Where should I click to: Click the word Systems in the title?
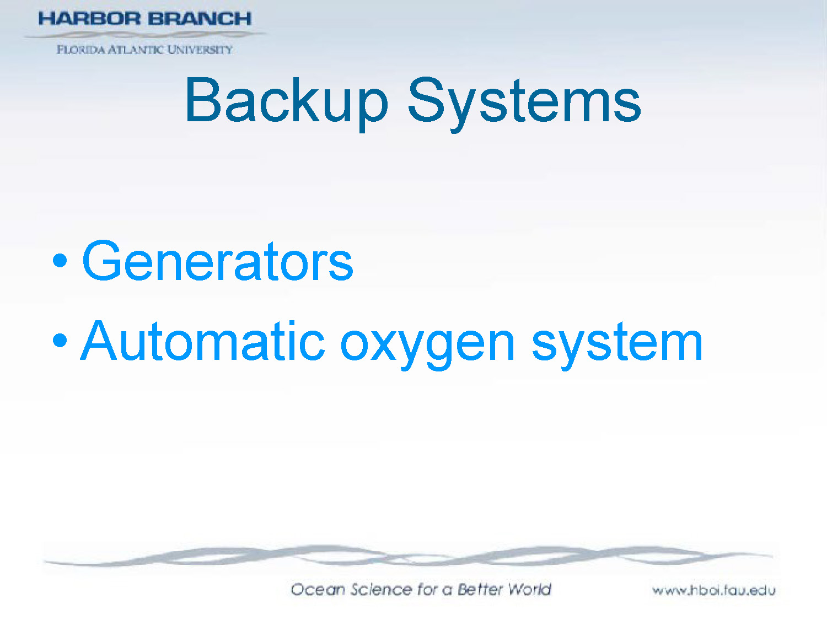coord(524,102)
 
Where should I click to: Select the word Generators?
coord(218,262)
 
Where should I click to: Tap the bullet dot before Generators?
coord(60,260)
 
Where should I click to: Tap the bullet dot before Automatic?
coord(60,341)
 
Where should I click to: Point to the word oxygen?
coord(427,344)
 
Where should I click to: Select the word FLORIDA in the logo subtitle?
coord(80,50)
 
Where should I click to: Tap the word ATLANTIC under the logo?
coord(136,50)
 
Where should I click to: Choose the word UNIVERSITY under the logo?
coord(200,50)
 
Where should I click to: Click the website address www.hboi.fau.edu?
coord(714,590)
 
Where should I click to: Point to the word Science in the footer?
coord(381,589)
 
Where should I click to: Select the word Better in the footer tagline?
coord(480,589)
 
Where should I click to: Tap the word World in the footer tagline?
coord(529,589)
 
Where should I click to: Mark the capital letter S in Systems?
coord(425,100)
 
